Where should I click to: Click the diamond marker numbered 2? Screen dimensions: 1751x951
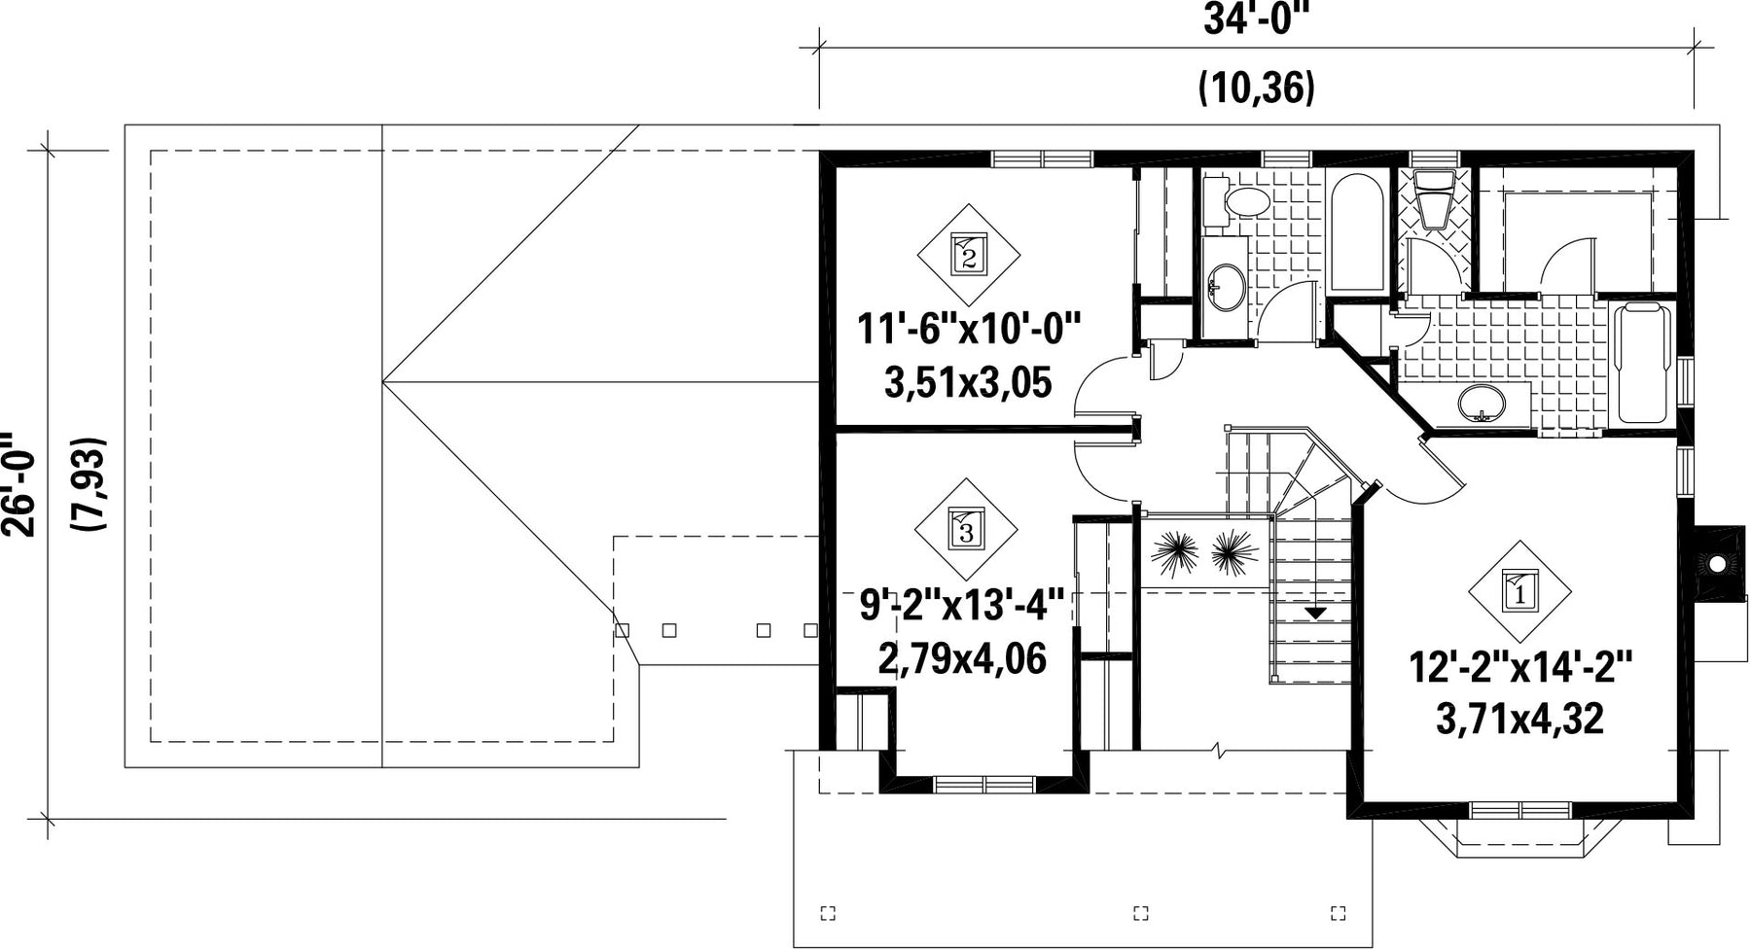[x=969, y=255]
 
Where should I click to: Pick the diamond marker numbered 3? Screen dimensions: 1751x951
[x=966, y=530]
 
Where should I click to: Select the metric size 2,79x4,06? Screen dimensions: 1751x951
[x=962, y=659]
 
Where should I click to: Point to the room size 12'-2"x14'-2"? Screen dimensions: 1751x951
[x=1520, y=669]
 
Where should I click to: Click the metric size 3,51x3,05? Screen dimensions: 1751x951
[x=969, y=383]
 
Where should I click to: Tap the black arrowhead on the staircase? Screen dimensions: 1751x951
[x=1315, y=614]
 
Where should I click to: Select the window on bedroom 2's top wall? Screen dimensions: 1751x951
[x=1042, y=158]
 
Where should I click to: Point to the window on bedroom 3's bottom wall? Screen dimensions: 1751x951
[x=985, y=784]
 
